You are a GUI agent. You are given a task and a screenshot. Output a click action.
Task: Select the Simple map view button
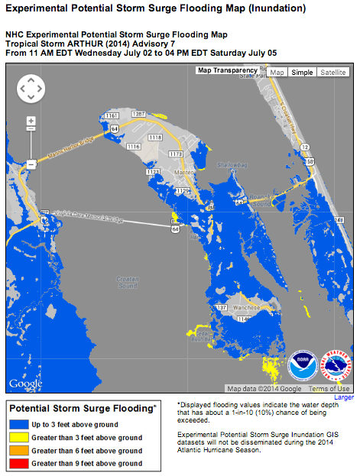302,72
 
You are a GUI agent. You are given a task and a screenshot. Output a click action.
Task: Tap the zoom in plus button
31,121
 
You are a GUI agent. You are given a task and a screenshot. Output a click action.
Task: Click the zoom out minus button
31,164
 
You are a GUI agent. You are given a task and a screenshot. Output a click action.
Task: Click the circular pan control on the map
31,89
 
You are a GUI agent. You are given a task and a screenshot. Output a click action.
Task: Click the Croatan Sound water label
127,283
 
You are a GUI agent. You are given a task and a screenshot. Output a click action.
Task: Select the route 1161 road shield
111,115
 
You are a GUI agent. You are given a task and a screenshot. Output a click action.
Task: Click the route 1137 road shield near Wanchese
221,306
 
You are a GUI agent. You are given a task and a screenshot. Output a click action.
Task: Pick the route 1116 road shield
134,146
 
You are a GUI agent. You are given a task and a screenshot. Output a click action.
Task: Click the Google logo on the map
25,383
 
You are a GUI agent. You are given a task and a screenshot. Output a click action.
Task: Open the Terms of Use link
330,388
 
